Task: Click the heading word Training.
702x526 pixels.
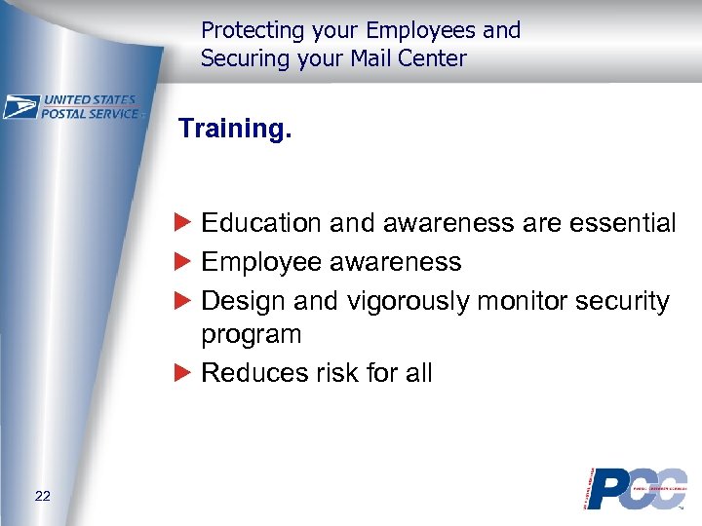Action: click(x=234, y=129)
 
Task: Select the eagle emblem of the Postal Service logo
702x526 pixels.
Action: click(x=20, y=106)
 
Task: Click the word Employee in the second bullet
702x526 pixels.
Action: click(x=261, y=262)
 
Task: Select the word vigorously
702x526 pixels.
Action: click(x=409, y=301)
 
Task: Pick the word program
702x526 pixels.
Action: click(x=251, y=335)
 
